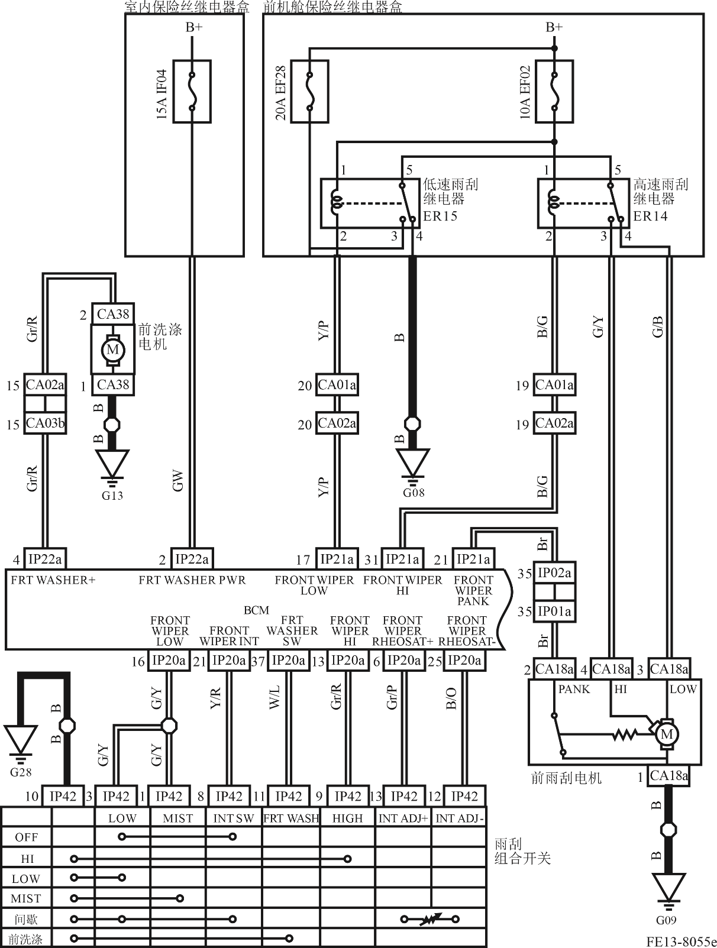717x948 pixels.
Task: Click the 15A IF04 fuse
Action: tap(192, 92)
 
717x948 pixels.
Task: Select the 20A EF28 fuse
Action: tap(309, 92)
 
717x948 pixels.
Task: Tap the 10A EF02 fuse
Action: tap(554, 92)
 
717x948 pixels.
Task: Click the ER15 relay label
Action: tap(440, 216)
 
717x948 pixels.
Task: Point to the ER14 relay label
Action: tap(650, 216)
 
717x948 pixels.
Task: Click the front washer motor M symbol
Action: tap(113, 350)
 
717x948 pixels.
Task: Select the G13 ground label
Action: tap(112, 496)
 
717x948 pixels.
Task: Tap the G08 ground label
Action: tap(414, 493)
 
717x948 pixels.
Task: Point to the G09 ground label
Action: tap(666, 920)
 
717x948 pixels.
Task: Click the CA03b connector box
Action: tap(45, 423)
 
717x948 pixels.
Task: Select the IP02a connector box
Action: tap(554, 573)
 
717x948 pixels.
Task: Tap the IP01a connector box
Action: tap(554, 611)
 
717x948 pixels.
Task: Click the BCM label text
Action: tap(256, 610)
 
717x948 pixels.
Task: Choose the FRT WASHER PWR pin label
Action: tap(192, 580)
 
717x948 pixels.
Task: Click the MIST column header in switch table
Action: tap(177, 818)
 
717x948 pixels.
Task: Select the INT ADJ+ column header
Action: tap(403, 818)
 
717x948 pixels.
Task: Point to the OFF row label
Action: tap(27, 837)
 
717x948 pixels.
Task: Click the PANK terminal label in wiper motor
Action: tap(574, 690)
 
